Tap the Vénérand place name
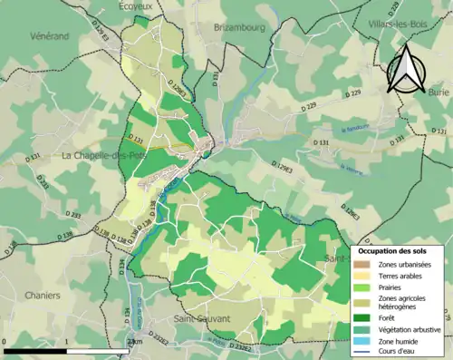click(23, 36)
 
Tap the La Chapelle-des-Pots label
click(103, 155)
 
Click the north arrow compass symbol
click(406, 67)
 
